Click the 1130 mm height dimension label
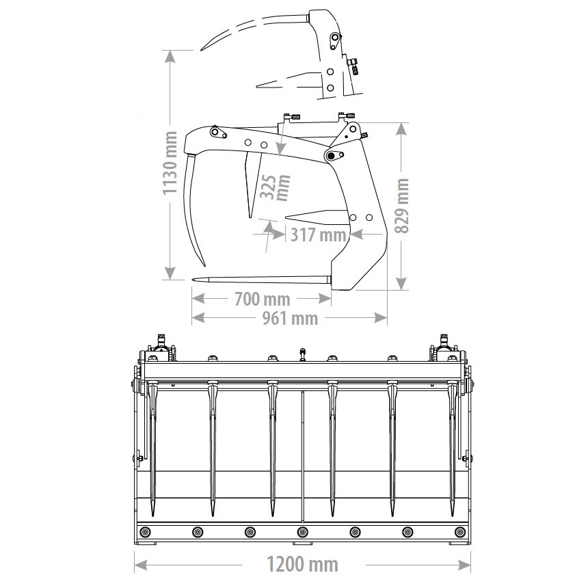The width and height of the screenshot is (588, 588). click(170, 163)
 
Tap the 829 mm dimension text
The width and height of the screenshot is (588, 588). click(402, 206)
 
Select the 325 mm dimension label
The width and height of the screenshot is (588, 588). click(276, 187)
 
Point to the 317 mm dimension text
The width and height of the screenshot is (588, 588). click(319, 235)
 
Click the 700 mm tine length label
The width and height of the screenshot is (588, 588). click(263, 299)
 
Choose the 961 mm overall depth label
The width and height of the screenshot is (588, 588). click(290, 319)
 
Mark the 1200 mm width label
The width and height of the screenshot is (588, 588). click(302, 563)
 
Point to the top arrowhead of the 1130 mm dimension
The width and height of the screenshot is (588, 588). click(170, 57)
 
